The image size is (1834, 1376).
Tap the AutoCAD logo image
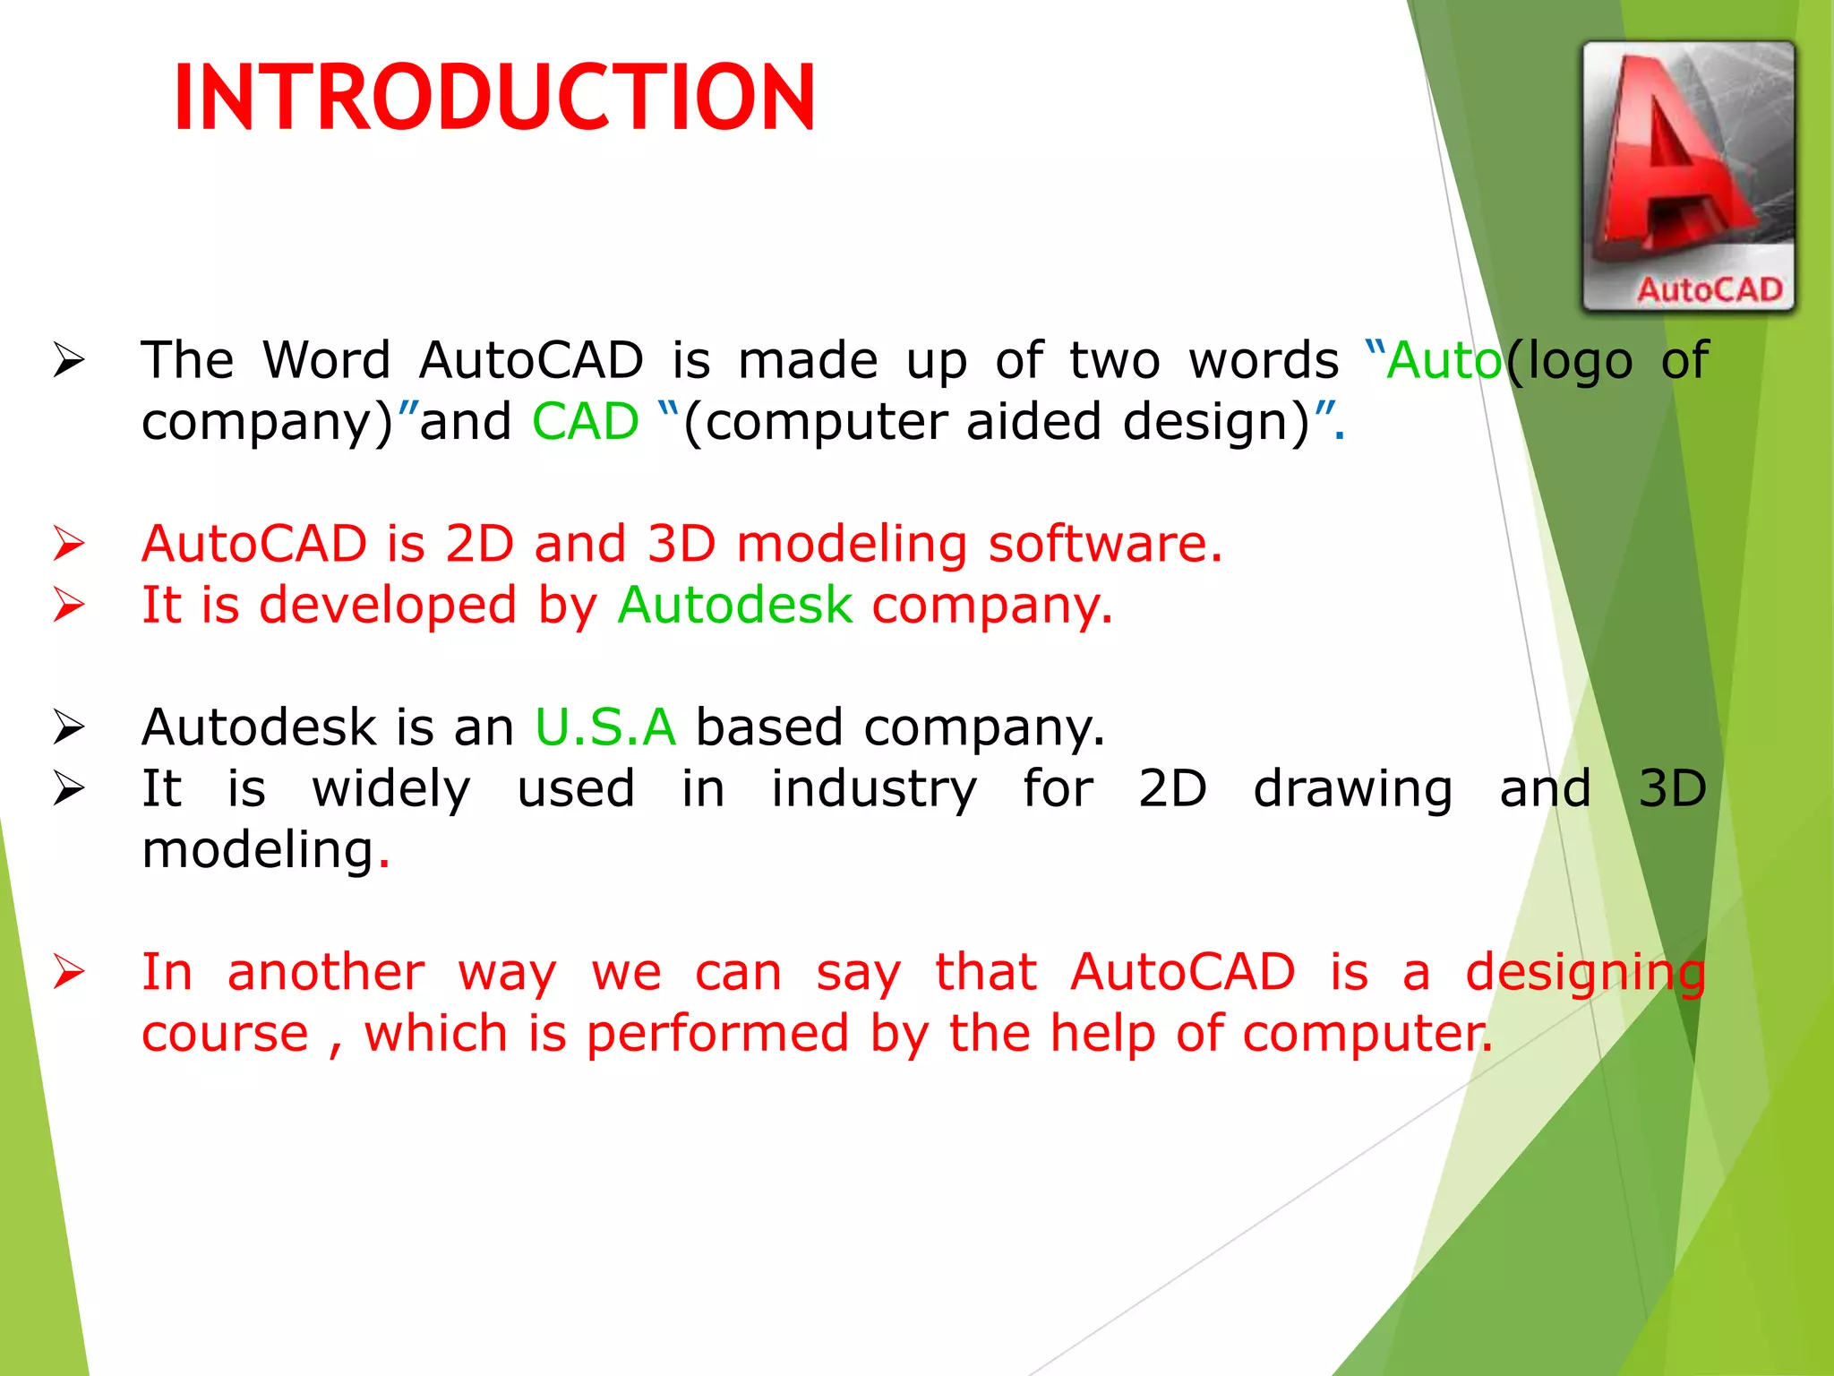[1689, 176]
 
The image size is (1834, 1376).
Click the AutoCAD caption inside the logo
[1710, 289]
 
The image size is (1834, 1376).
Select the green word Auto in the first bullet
[1444, 361]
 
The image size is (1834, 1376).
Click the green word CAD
[586, 422]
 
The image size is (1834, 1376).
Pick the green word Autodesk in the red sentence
[734, 605]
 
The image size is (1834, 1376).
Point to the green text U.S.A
[605, 727]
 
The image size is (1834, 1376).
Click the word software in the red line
[1105, 544]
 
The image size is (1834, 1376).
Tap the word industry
[874, 789]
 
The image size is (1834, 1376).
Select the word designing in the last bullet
[1585, 974]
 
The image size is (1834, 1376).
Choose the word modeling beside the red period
[258, 850]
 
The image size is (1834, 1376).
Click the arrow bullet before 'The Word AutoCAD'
[69, 361]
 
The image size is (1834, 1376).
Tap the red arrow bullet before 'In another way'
[69, 973]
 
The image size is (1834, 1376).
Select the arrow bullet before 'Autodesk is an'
[69, 727]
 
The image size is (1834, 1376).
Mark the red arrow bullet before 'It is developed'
[69, 606]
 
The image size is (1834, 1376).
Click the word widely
[391, 789]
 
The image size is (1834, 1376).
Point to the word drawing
[1352, 789]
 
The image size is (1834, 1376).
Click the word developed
[388, 605]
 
